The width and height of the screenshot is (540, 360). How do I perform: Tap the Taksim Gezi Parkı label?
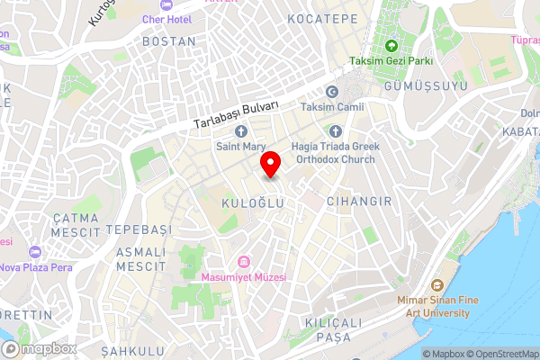(x=391, y=61)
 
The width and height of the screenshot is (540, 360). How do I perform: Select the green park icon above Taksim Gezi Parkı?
(x=391, y=46)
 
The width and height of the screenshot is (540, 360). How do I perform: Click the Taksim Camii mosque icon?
(x=331, y=92)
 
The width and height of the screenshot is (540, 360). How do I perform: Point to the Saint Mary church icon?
(x=241, y=131)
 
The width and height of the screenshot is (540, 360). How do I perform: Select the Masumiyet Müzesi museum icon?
(x=243, y=262)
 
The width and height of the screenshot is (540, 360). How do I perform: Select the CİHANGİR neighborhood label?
(x=359, y=202)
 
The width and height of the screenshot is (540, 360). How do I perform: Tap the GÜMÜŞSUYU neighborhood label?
(x=426, y=85)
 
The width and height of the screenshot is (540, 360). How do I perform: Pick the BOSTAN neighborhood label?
(x=169, y=41)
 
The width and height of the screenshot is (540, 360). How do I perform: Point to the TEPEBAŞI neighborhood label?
(x=138, y=230)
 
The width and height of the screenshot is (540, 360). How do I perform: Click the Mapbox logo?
(x=39, y=348)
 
